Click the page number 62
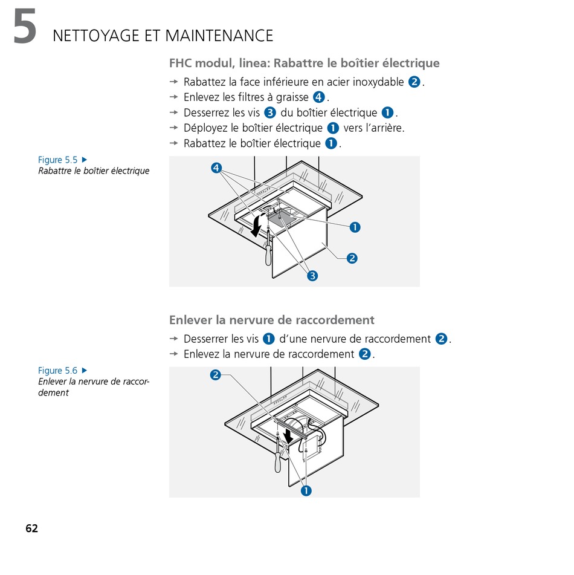31,528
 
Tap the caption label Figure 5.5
58,160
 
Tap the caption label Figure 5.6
58,370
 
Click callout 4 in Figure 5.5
216,167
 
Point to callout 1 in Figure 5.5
355,227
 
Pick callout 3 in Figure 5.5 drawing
312,276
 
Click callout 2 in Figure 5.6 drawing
215,375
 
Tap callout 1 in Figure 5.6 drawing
306,490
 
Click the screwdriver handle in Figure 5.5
268,252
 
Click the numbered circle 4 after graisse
320,97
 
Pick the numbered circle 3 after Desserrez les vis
270,112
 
